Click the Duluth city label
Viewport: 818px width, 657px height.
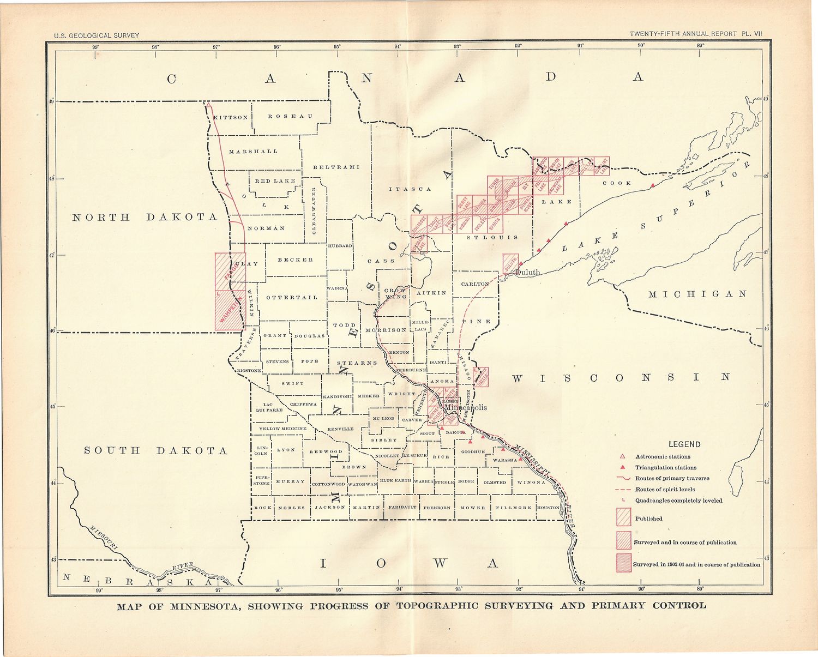527,272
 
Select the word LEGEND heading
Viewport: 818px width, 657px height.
684,444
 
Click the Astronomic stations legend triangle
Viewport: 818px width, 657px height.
622,456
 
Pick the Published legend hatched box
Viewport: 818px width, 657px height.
623,517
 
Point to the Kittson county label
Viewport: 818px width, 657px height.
231,117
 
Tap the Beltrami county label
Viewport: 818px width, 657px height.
336,167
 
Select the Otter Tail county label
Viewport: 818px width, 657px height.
292,297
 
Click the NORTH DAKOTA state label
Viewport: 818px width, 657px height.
145,217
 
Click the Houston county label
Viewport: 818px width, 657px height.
548,508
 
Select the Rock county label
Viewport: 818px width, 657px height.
262,508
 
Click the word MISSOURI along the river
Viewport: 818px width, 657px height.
104,537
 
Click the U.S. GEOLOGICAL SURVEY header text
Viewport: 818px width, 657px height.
97,35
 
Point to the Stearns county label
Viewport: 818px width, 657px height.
357,363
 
